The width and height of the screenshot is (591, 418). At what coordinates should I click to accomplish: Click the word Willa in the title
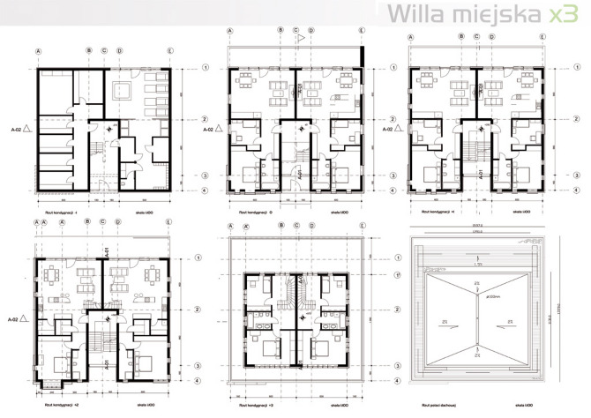[414, 14]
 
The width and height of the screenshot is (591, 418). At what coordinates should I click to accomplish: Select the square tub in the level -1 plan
[122, 88]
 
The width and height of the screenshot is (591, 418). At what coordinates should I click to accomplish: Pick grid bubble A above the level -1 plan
[38, 51]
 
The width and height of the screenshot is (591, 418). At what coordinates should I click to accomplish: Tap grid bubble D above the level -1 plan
[119, 51]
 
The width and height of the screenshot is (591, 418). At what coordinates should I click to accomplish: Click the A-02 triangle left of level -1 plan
[27, 129]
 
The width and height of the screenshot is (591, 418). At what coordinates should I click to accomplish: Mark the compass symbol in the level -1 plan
[108, 128]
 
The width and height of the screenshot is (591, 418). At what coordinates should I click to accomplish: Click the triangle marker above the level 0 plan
[300, 38]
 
